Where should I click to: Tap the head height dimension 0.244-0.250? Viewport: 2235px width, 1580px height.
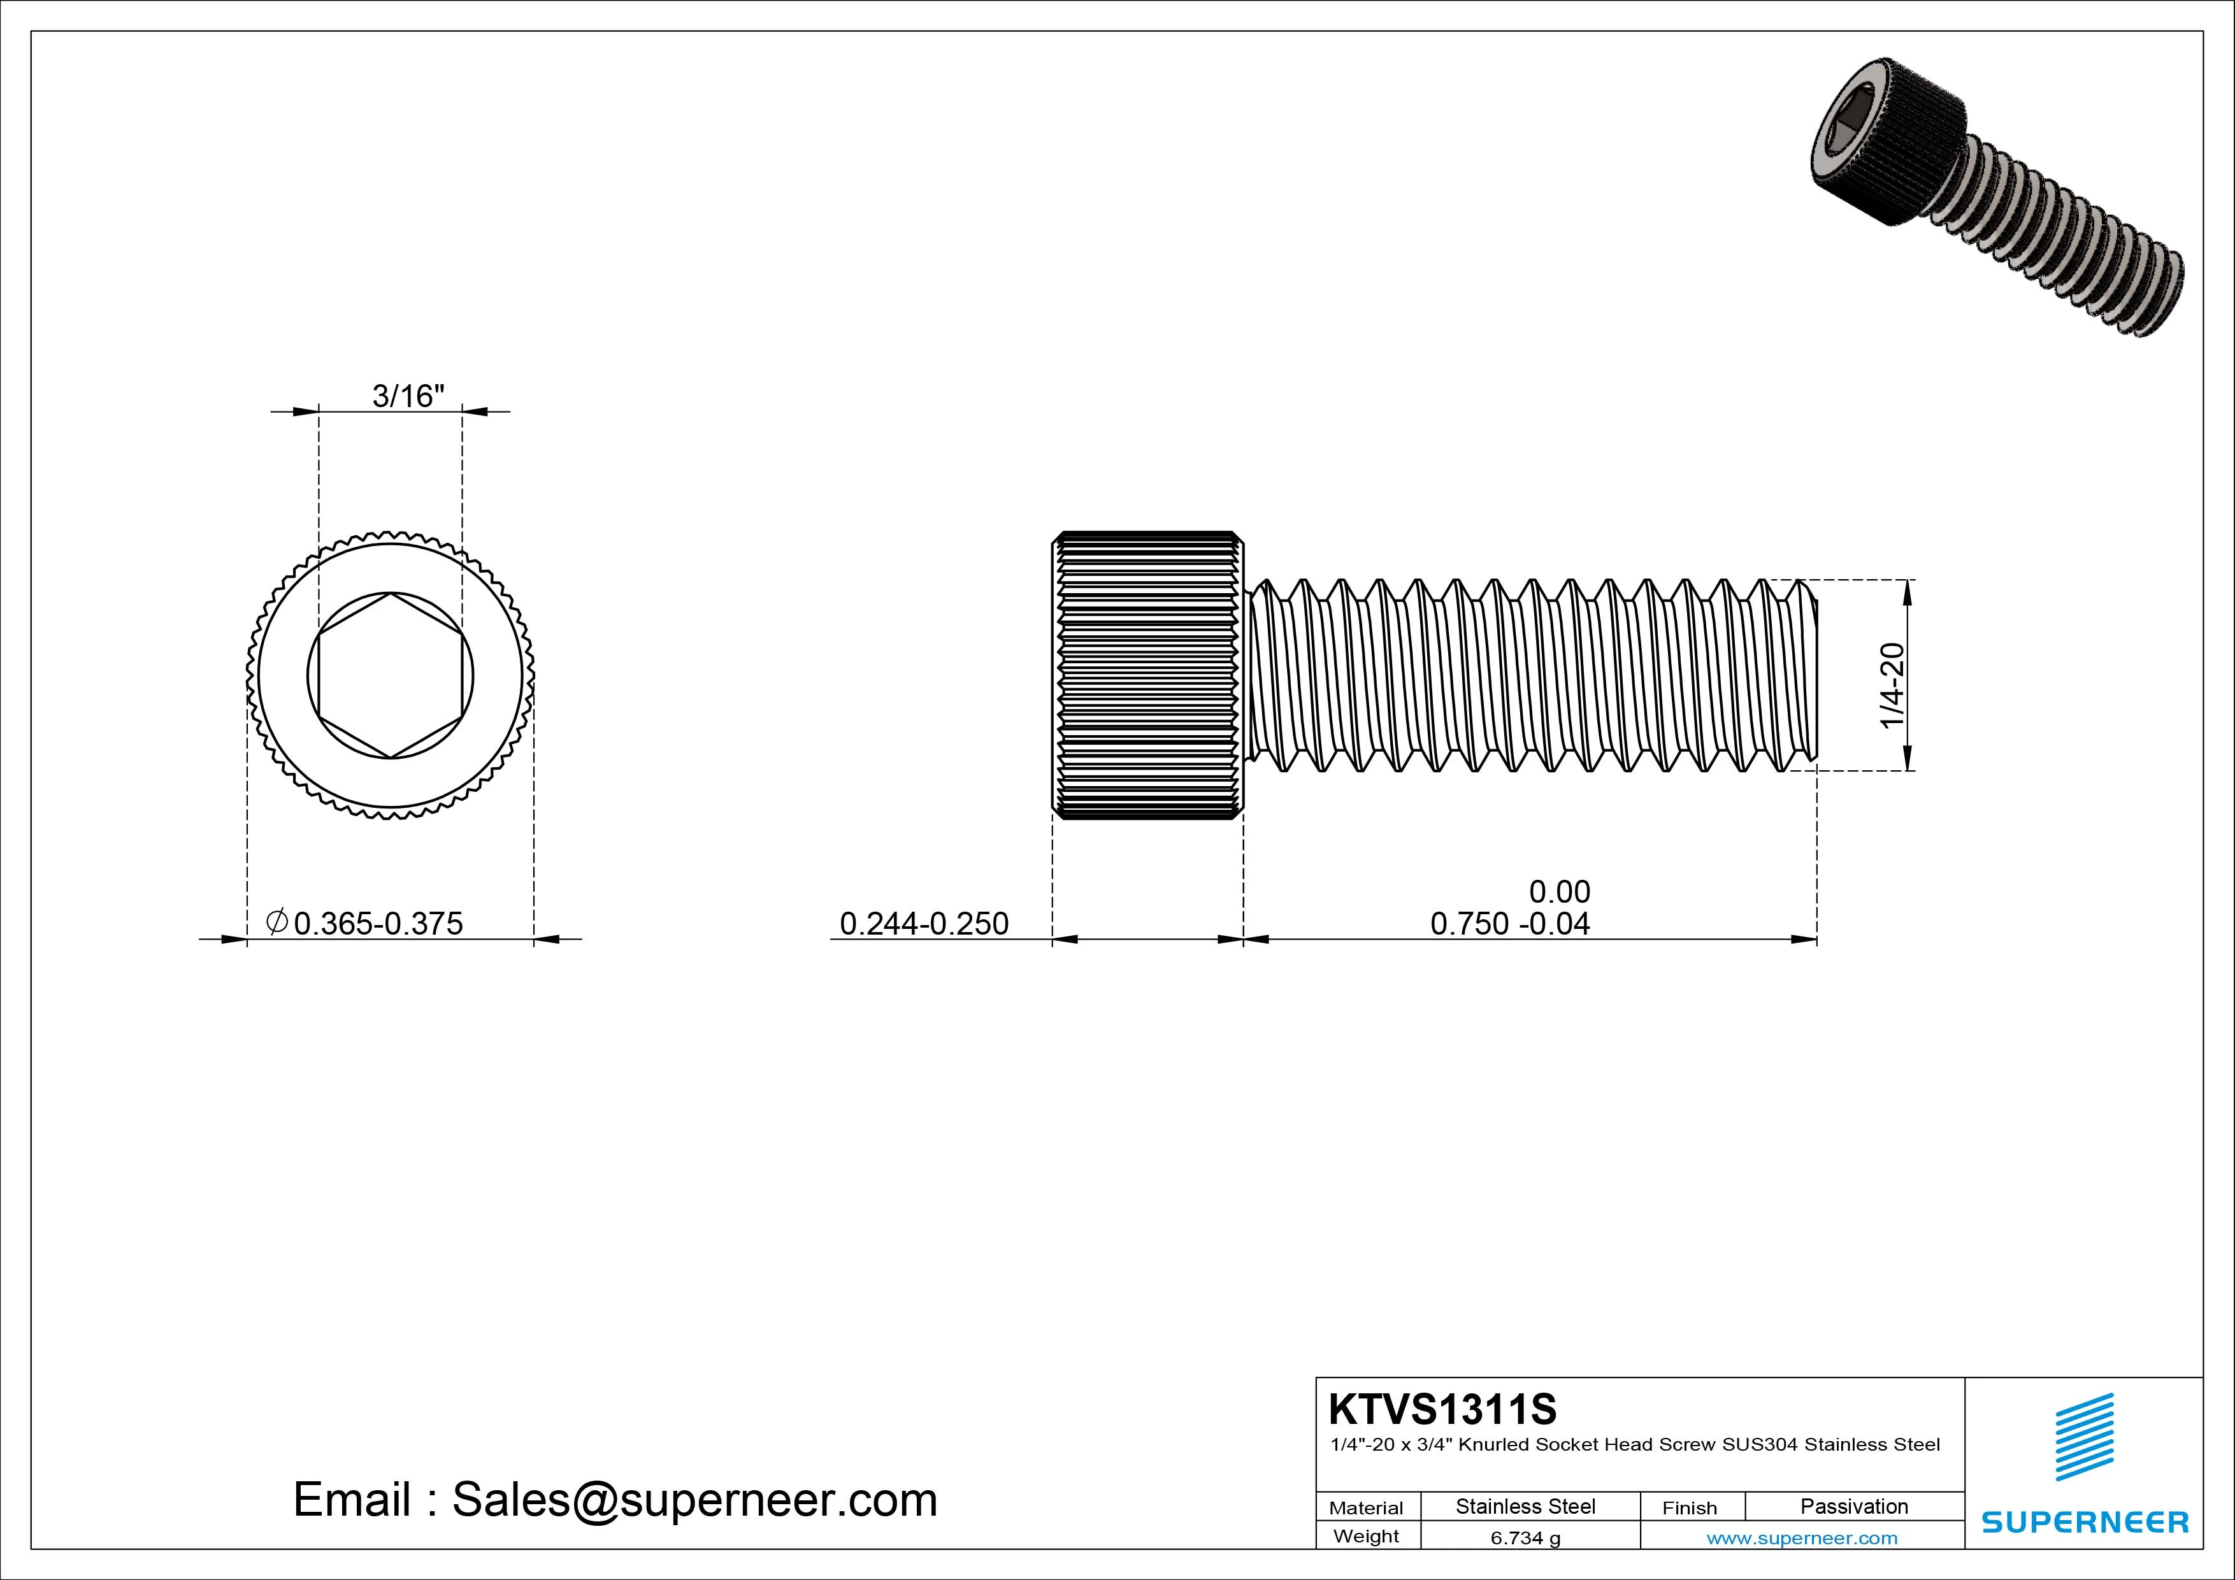click(924, 923)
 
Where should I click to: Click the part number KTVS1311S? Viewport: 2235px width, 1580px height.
click(1442, 1409)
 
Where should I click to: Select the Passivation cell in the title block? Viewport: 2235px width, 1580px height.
click(1853, 1506)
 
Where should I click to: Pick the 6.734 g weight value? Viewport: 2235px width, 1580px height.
click(1525, 1538)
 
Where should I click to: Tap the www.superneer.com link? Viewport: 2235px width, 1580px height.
click(1802, 1538)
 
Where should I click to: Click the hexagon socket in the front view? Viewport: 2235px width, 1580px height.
click(391, 675)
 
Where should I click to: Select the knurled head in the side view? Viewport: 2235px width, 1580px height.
click(1147, 675)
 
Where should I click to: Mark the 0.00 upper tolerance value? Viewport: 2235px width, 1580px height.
click(1560, 891)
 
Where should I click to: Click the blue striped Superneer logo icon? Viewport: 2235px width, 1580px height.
click(2084, 1437)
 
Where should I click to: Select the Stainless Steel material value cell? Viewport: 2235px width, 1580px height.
click(1525, 1506)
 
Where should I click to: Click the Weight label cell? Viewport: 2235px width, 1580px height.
click(1366, 1536)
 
